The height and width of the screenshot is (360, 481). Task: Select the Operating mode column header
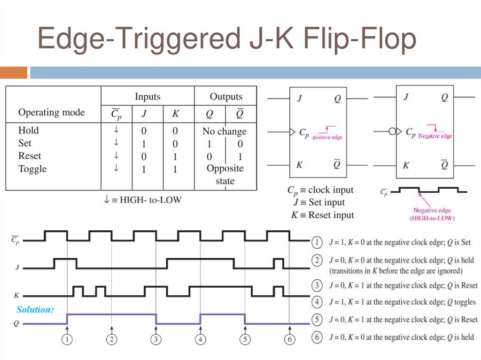tap(52, 113)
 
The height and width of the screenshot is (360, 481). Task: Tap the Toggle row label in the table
tap(32, 169)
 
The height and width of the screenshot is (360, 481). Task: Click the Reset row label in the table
tap(30, 156)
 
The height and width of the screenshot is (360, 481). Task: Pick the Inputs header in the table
tap(147, 97)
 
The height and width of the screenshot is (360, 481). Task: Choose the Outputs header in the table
tap(226, 97)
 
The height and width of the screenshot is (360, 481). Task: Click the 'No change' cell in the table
tap(225, 131)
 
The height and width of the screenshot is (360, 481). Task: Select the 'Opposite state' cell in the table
tap(225, 174)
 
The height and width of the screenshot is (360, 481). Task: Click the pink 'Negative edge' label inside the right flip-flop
tap(435, 136)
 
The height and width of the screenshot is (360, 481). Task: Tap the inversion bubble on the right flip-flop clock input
tap(392, 132)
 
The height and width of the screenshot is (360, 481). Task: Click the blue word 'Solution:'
tap(35, 310)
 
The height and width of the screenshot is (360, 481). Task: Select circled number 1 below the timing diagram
tap(67, 339)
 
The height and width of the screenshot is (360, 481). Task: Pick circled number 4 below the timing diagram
tap(201, 339)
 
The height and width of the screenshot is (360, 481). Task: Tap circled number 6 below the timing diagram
tap(289, 339)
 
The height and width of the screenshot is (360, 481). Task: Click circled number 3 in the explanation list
tap(318, 285)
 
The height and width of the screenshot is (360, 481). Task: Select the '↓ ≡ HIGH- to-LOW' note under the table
tap(142, 199)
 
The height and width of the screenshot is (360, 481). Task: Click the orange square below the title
tap(14, 73)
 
